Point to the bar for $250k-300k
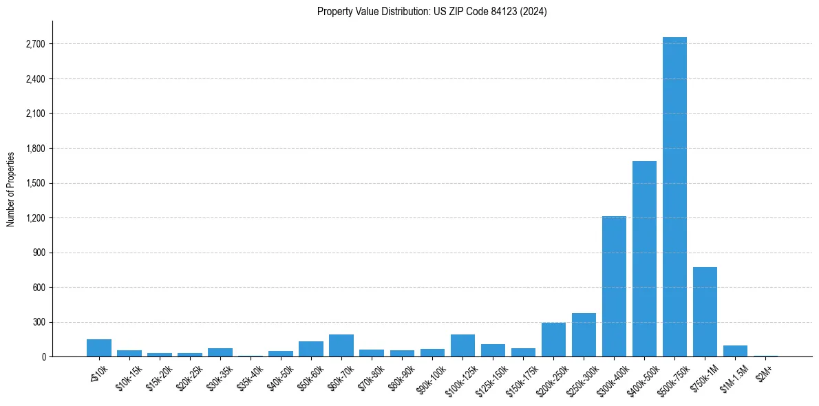pos(584,335)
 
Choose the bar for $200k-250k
pos(553,340)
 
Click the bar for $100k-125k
pos(462,345)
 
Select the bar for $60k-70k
pos(341,345)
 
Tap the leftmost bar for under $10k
pos(99,348)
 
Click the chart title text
pos(432,12)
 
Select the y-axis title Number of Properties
pos(11,189)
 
